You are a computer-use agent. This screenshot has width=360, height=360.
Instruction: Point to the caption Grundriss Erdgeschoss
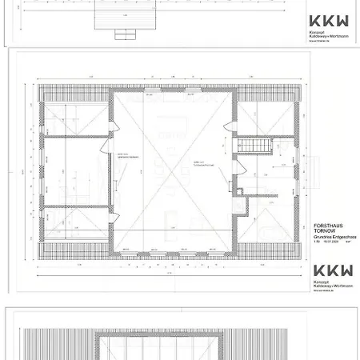(x=330, y=238)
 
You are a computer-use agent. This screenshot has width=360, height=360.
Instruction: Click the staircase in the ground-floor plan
(x=251, y=146)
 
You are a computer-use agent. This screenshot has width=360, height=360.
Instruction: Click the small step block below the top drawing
(x=125, y=34)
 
